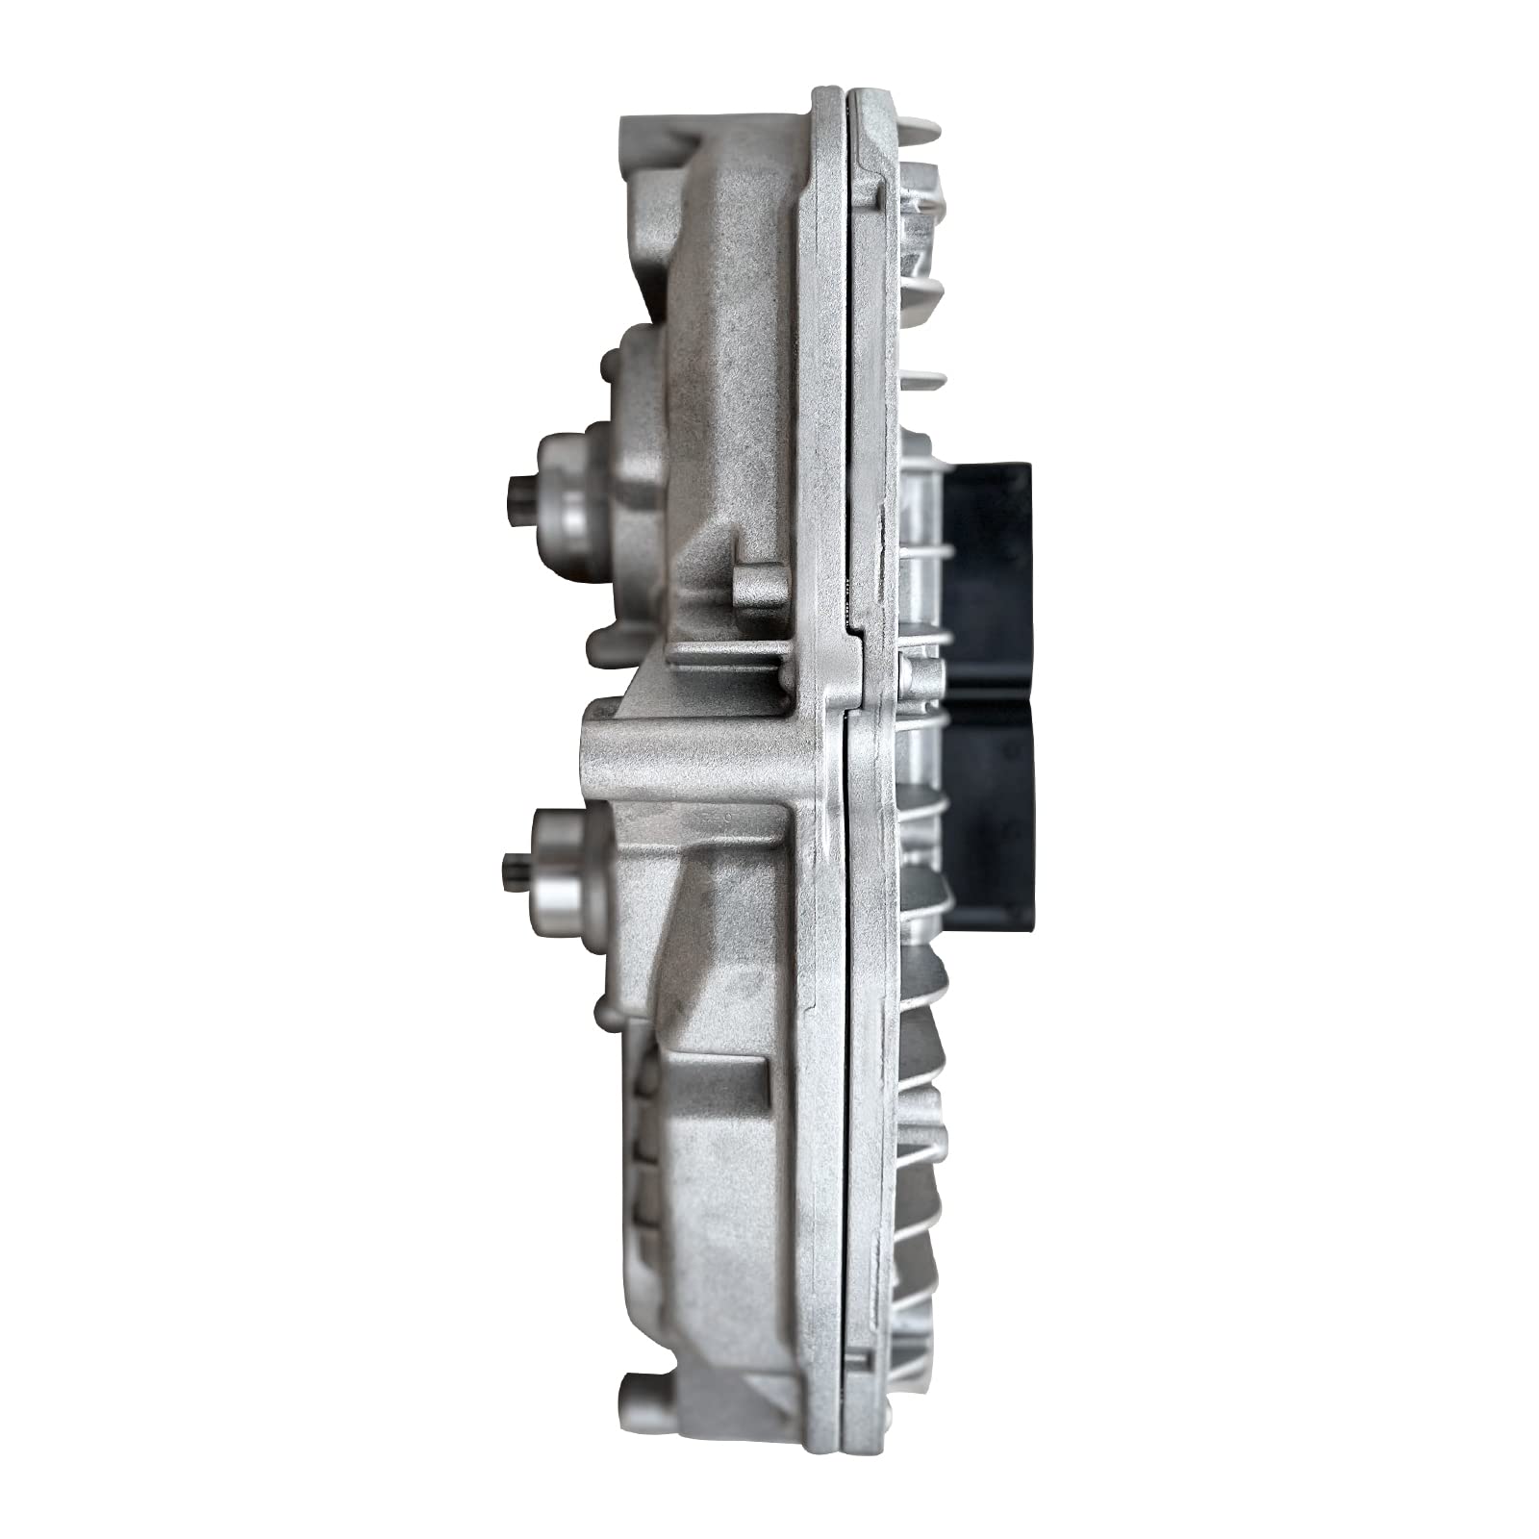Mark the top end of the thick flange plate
tap(827, 96)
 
